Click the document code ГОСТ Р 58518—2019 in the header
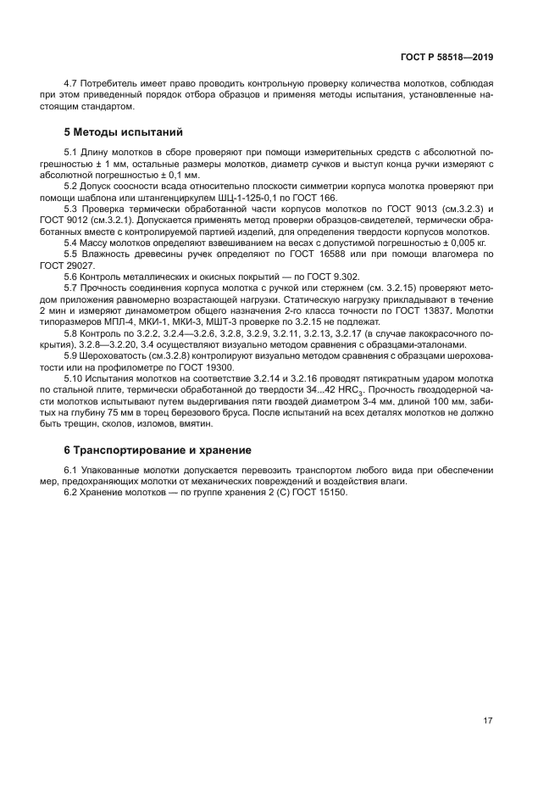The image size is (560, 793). pos(446,57)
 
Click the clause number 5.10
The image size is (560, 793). pos(75,378)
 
